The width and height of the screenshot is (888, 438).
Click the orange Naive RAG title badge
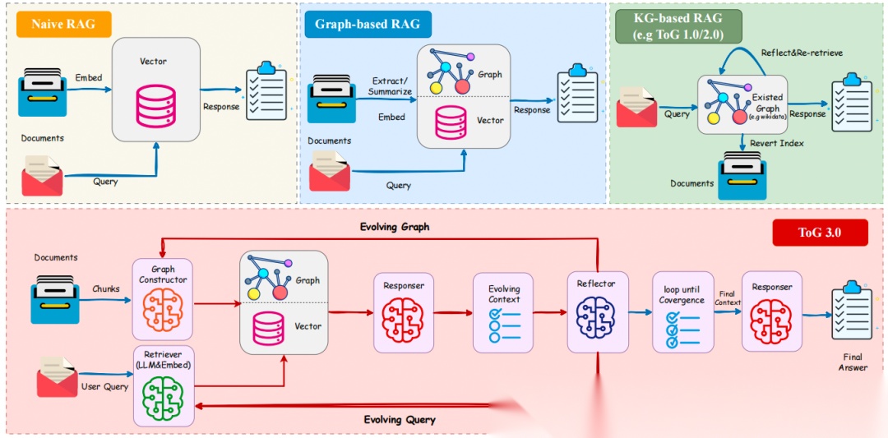[x=62, y=25]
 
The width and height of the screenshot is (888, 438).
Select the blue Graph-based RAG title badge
[x=368, y=25]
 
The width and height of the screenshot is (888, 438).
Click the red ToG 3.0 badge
[x=820, y=233]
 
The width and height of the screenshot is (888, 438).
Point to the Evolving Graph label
[x=395, y=228]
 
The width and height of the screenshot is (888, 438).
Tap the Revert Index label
[x=776, y=143]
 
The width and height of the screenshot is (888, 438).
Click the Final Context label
[x=726, y=298]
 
